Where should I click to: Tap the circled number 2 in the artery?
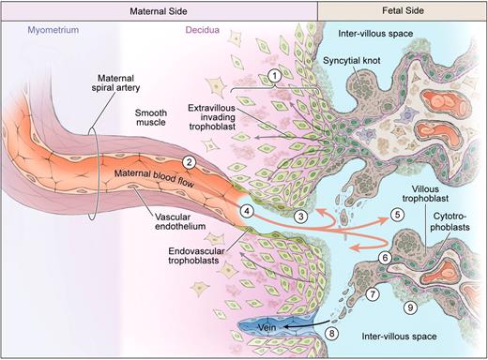pyautogui.click(x=190, y=162)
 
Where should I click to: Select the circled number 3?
pyautogui.click(x=300, y=217)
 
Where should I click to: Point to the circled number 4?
pyautogui.click(x=246, y=211)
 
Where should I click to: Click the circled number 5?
pyautogui.click(x=396, y=215)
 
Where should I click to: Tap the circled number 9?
pyautogui.click(x=408, y=307)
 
